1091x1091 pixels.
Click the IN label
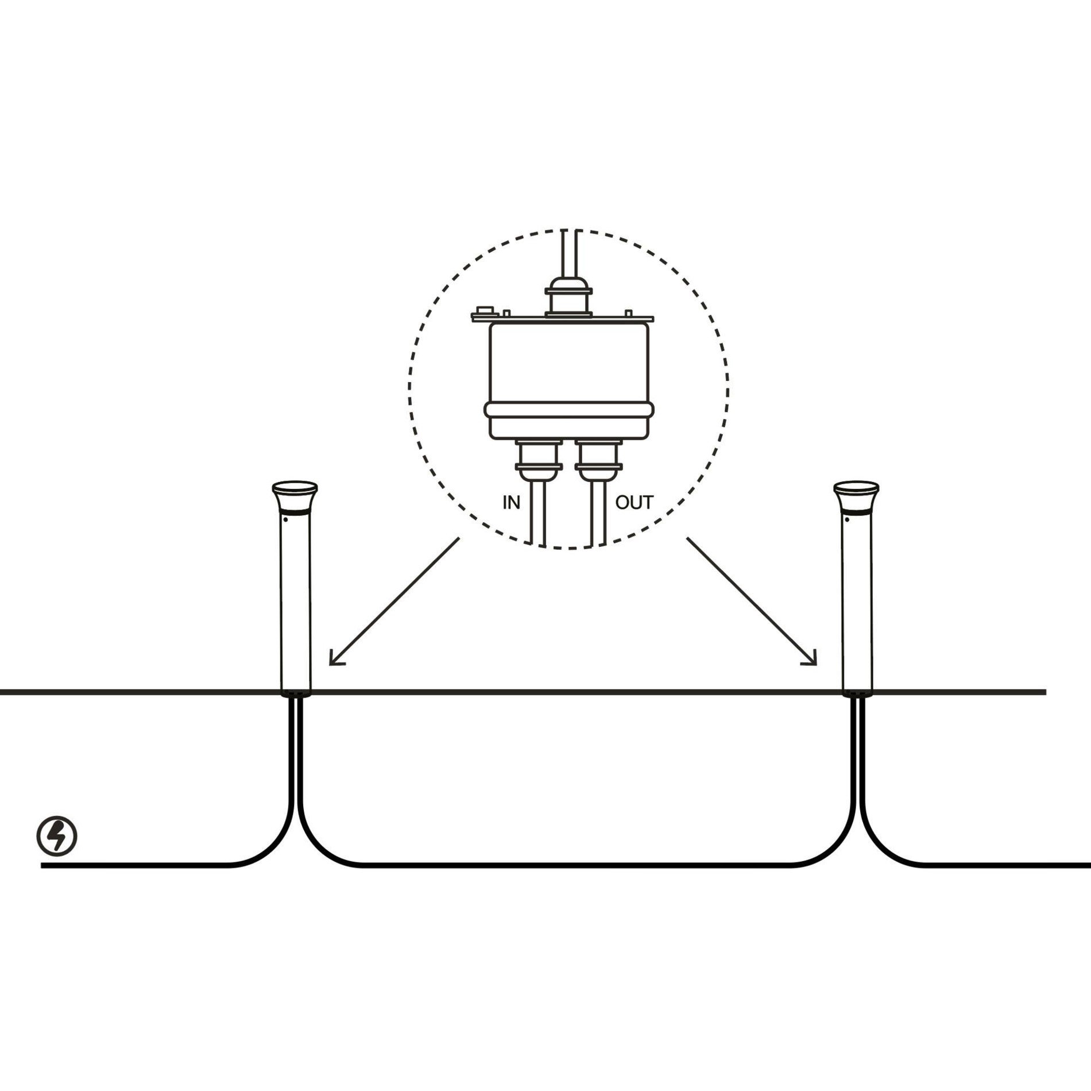(511, 503)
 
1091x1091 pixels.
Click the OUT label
(634, 503)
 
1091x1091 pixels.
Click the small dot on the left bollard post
(285, 519)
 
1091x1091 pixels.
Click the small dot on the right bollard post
(847, 519)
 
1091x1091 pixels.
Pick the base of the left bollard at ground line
(295, 693)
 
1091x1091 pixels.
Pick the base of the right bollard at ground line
(857, 693)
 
